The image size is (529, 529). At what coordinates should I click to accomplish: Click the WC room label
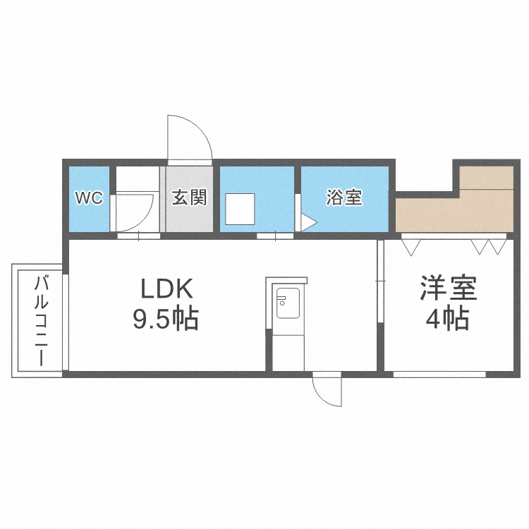90,198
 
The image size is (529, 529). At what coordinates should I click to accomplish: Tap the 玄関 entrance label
189,198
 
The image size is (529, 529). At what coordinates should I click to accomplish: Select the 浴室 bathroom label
344,198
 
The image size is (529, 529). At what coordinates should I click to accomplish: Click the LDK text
166,290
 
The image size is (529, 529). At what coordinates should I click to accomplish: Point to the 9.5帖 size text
166,320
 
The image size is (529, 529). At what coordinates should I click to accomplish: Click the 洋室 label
449,290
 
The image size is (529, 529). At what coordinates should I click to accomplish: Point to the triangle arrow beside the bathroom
309,223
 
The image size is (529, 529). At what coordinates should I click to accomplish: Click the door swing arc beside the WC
138,209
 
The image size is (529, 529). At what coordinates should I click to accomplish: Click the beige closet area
451,212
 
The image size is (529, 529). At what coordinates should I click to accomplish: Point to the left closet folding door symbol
411,247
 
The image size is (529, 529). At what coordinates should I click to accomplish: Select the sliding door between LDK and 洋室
381,282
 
